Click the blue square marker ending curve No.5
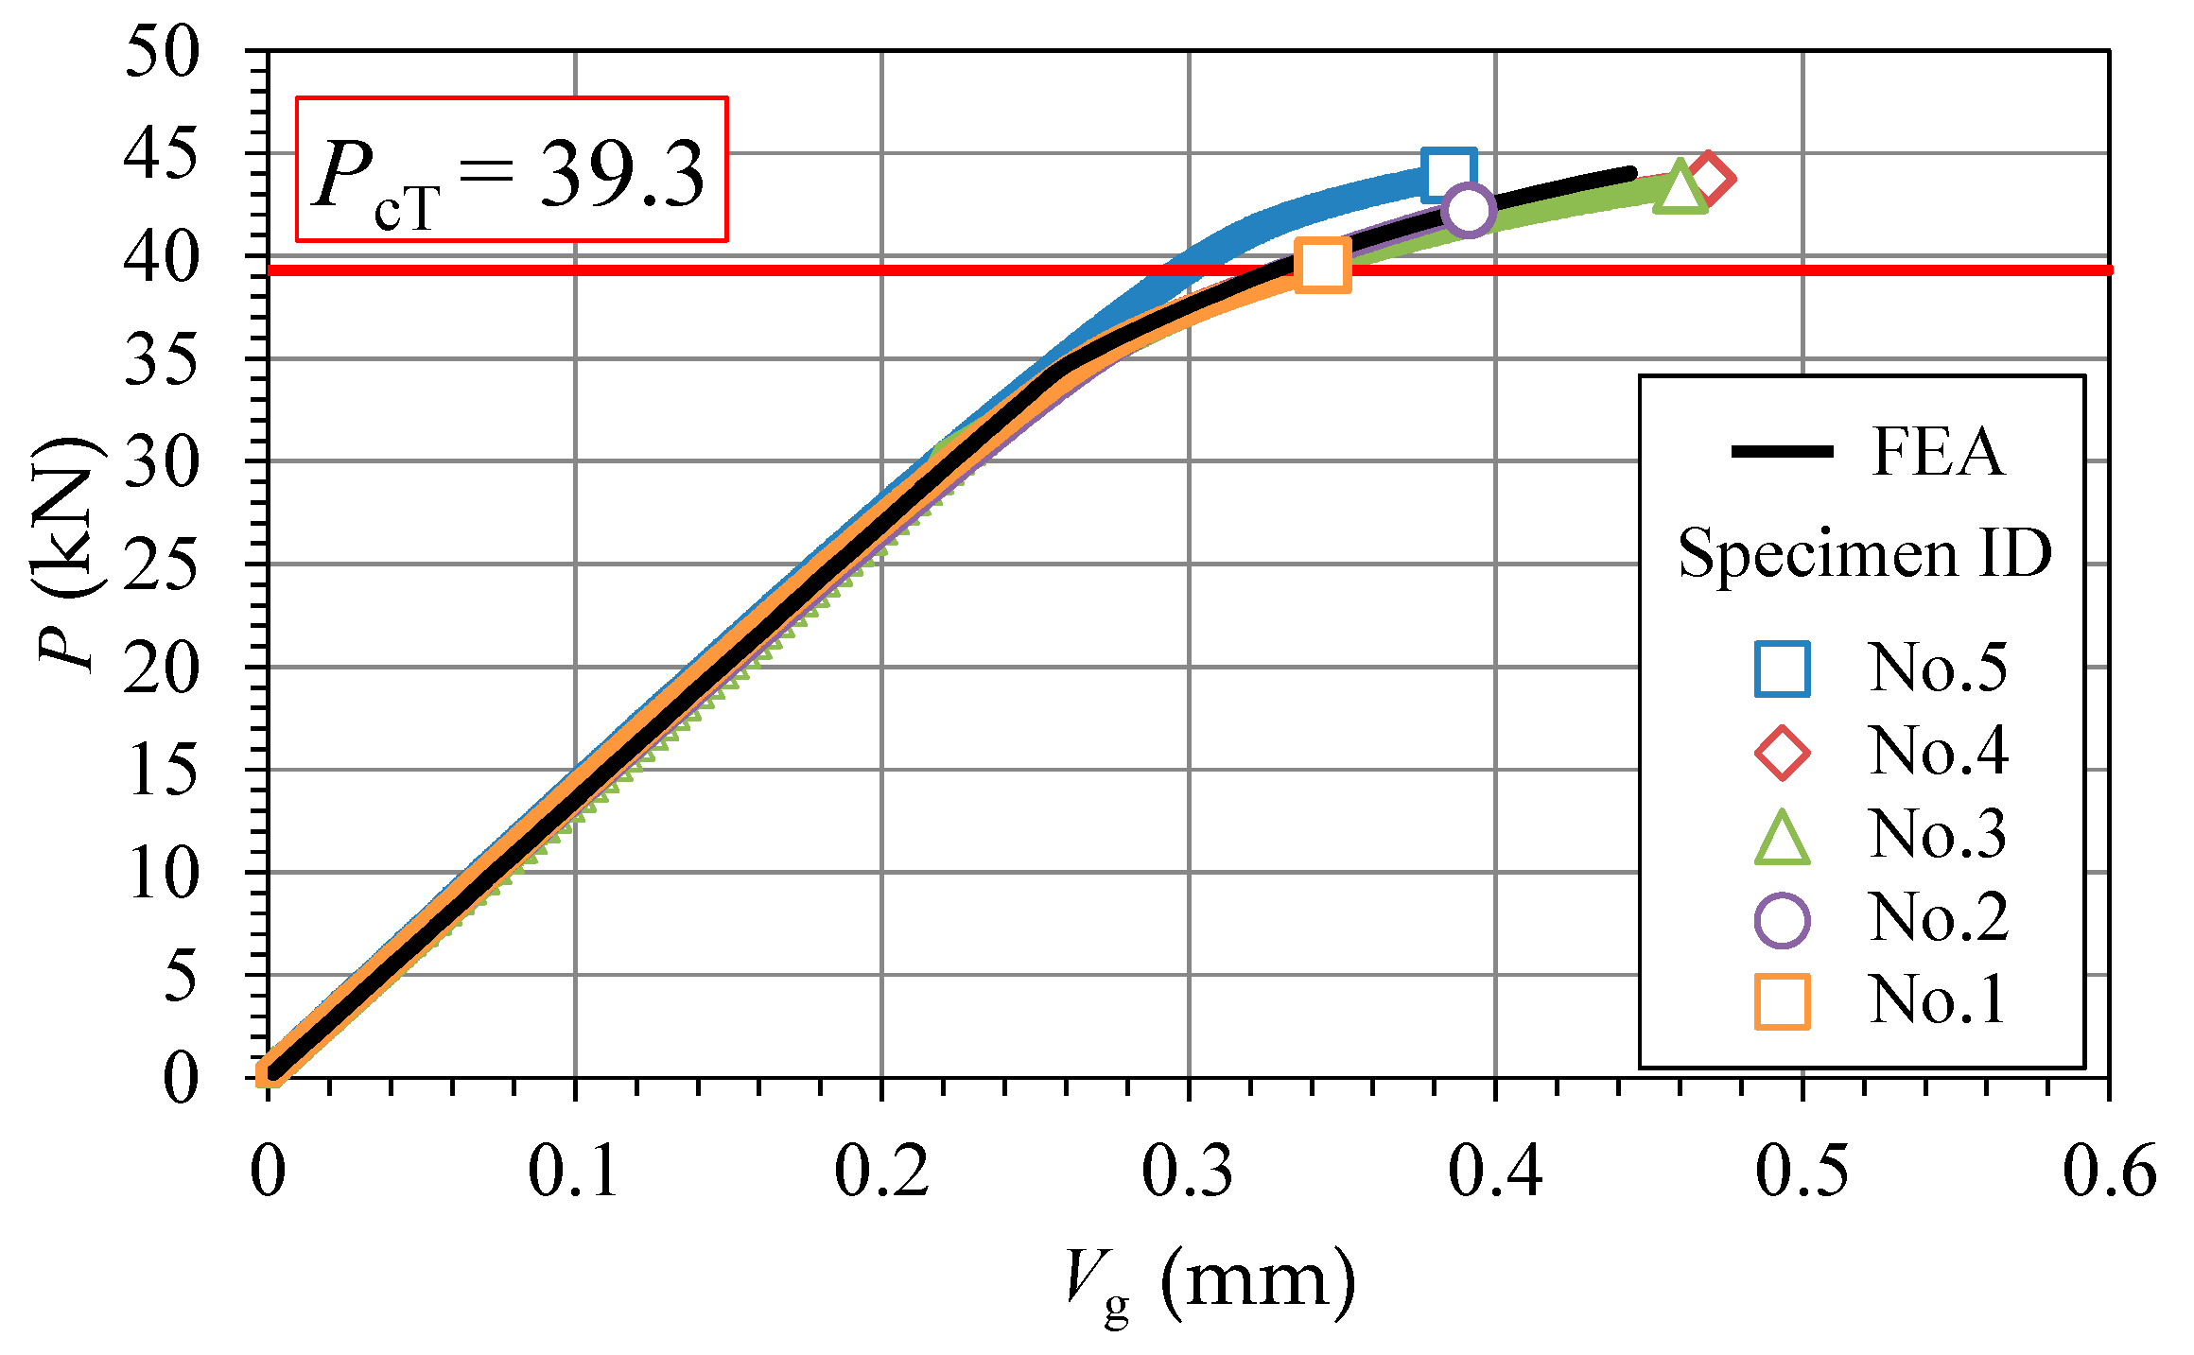pos(1448,175)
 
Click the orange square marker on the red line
pos(1321,265)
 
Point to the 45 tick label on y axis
pos(162,154)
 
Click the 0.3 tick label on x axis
pos(1188,1172)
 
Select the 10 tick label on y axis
pos(162,873)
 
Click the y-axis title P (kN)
pos(68,553)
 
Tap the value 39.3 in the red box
pos(621,174)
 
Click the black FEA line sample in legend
pos(1782,451)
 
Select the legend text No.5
pos(1936,668)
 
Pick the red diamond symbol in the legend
pos(1782,753)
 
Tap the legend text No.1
pos(1936,999)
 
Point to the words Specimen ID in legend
pos(1864,553)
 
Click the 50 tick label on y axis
pos(162,52)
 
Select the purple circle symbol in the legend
pos(1782,920)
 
